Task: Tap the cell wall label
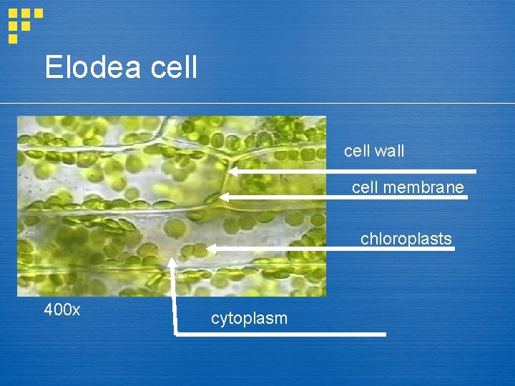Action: pyautogui.click(x=374, y=151)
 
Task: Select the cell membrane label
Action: pyautogui.click(x=408, y=187)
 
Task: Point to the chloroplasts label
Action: pyautogui.click(x=406, y=239)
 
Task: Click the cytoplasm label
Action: pyautogui.click(x=249, y=319)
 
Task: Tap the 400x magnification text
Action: pyautogui.click(x=62, y=310)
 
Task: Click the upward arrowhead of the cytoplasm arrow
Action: pyautogui.click(x=172, y=261)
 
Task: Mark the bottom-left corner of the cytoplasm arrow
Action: pyautogui.click(x=173, y=334)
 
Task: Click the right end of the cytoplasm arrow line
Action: pyautogui.click(x=384, y=334)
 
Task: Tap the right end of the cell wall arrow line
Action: pyautogui.click(x=474, y=172)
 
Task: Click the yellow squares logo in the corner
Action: pyautogui.click(x=24, y=24)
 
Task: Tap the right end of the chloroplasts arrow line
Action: pyautogui.click(x=453, y=249)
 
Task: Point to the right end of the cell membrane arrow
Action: pyautogui.click(x=466, y=197)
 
